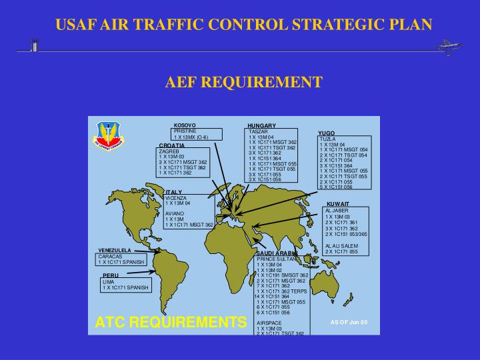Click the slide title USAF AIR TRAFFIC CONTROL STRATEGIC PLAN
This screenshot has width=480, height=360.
pyautogui.click(x=243, y=25)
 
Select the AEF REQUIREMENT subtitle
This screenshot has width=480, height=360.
pyautogui.click(x=243, y=82)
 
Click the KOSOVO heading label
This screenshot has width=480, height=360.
pyautogui.click(x=185, y=125)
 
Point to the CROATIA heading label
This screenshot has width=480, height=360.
pyautogui.click(x=172, y=145)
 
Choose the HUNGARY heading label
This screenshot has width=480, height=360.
pyautogui.click(x=261, y=125)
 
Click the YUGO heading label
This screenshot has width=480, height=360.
pyautogui.click(x=327, y=133)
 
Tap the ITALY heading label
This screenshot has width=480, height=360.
pyautogui.click(x=174, y=192)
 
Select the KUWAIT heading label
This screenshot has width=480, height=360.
pyautogui.click(x=338, y=203)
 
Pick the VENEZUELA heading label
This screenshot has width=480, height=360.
pyautogui.click(x=115, y=250)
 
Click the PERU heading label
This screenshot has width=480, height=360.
pyautogui.click(x=111, y=275)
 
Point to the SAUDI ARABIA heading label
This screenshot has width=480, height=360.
pyautogui.click(x=276, y=253)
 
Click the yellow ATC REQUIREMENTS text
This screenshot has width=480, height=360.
pyautogui.click(x=171, y=323)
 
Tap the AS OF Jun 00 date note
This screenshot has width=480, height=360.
pyautogui.click(x=349, y=321)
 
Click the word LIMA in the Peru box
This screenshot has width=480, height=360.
pyautogui.click(x=109, y=281)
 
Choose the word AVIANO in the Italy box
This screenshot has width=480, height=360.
pyautogui.click(x=175, y=213)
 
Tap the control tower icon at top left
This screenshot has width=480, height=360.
pyautogui.click(x=33, y=45)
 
